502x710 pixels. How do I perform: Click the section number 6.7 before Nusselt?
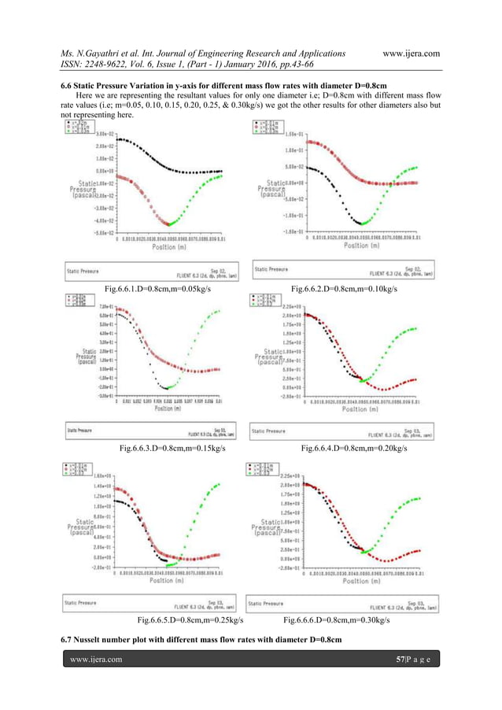[68, 636]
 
